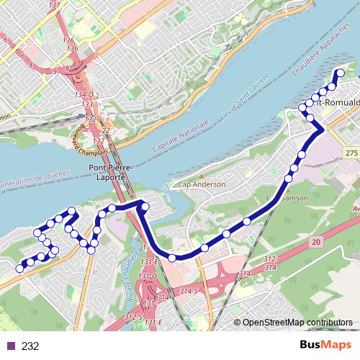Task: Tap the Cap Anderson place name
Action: [x=202, y=184]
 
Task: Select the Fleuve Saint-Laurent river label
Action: [x=236, y=91]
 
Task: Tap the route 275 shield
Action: [x=351, y=154]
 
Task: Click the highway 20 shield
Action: [x=317, y=244]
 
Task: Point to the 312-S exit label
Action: [x=132, y=317]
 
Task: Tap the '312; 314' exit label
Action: [x=250, y=263]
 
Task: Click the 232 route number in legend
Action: [x=30, y=346]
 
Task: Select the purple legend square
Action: [x=11, y=346]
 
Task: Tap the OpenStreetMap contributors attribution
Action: [x=297, y=323]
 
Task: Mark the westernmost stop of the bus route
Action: [x=19, y=267]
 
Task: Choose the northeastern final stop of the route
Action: [x=341, y=72]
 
